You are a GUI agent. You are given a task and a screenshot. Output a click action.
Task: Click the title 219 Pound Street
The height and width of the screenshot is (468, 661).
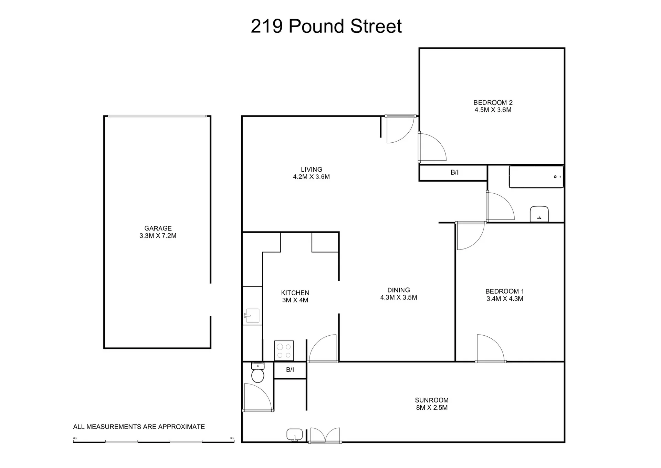coord(326,26)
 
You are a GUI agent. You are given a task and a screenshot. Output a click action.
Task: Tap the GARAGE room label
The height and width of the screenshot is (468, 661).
coord(158,228)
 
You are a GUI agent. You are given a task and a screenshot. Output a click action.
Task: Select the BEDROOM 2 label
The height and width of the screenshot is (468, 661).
coord(493,102)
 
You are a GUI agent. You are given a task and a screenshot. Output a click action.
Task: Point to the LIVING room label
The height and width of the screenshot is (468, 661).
coord(311,169)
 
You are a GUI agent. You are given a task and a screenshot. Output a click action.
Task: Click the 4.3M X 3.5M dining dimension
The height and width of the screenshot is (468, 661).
coord(398,297)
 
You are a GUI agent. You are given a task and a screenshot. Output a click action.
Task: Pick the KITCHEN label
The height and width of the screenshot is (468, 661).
coord(295,293)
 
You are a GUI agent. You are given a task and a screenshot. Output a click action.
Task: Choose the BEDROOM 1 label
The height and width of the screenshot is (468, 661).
coord(504,291)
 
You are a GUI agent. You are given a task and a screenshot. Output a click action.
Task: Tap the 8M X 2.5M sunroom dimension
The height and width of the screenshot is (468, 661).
coord(432,408)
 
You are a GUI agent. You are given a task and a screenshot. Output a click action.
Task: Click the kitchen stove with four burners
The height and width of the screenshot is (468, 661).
coord(284,350)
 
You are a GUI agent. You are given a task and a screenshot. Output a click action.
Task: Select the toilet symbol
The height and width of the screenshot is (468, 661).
coord(258,373)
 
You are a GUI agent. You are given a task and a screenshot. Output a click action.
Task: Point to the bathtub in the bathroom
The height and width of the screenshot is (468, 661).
coord(536,177)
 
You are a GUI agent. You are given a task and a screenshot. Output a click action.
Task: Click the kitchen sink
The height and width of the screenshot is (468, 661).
coord(252,315)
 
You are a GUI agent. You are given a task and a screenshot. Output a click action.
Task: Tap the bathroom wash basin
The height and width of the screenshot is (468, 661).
coord(539,214)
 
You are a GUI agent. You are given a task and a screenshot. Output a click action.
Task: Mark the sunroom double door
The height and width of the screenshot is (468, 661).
coord(325,435)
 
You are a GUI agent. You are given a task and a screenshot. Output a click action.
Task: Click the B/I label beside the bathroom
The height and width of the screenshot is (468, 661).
coord(454,172)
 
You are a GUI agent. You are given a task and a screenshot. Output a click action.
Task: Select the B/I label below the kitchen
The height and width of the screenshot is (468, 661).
coord(290,370)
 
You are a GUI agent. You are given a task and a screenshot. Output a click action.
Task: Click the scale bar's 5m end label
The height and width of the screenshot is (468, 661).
coord(232,438)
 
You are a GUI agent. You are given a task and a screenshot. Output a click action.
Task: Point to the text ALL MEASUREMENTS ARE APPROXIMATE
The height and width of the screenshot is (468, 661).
coord(139,427)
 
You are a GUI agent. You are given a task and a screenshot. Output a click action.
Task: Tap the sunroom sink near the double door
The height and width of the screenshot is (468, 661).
coord(294,435)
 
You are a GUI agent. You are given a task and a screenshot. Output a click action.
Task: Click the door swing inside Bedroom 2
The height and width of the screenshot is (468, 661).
coord(432,147)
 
